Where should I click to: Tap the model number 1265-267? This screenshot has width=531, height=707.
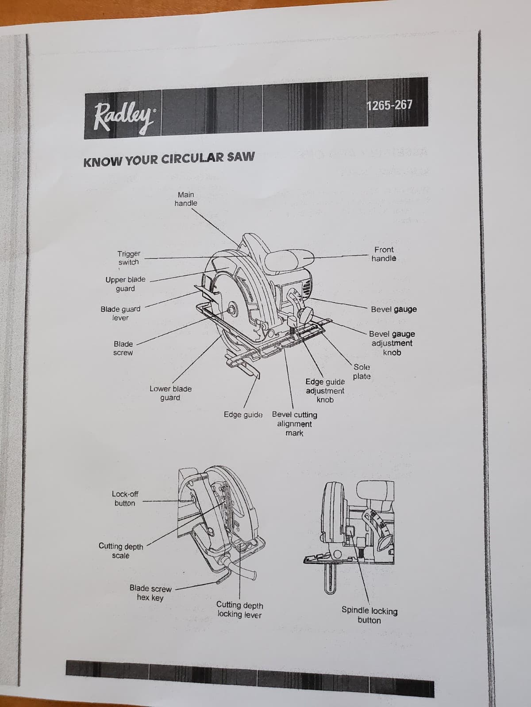point(389,105)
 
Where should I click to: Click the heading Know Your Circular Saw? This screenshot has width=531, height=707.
point(169,158)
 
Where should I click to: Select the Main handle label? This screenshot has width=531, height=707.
point(186,199)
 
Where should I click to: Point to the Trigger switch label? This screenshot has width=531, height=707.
point(129,258)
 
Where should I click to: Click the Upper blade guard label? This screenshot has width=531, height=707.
point(125,284)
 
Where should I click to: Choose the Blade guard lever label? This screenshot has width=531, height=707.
point(120,313)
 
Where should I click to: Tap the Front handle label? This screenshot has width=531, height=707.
point(384,254)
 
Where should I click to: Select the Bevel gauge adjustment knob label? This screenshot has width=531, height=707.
point(392,343)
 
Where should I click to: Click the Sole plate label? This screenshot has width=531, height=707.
point(362,372)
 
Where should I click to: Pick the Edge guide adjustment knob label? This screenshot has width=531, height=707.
point(325,390)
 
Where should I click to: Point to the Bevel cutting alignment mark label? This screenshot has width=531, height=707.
point(294,424)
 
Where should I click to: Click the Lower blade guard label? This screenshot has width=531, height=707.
point(170,393)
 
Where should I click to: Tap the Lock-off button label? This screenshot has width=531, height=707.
point(125,498)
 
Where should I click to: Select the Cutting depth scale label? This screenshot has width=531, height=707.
point(121,551)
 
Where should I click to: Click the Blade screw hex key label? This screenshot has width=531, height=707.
point(150,593)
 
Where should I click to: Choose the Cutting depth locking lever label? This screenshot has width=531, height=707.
point(239,609)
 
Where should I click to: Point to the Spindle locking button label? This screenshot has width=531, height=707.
point(369,615)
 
